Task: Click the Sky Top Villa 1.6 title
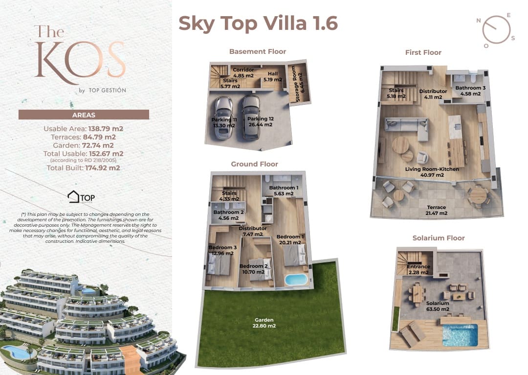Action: pyautogui.click(x=258, y=23)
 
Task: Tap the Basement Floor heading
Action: pyautogui.click(x=257, y=51)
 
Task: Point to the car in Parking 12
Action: pyautogui.click(x=250, y=117)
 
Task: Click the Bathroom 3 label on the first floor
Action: pyautogui.click(x=470, y=91)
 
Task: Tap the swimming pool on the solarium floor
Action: pyautogui.click(x=459, y=335)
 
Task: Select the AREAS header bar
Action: pyautogui.click(x=84, y=115)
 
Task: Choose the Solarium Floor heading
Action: pyautogui.click(x=438, y=238)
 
